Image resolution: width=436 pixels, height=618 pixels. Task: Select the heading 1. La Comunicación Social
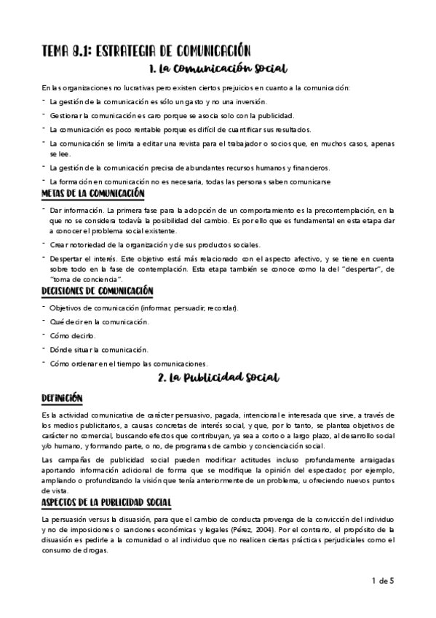click(218, 70)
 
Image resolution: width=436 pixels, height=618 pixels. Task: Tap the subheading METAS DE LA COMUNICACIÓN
click(92, 194)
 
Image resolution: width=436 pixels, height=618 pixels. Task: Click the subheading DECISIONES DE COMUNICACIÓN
click(97, 291)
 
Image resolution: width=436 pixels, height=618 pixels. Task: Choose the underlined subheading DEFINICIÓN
click(62, 398)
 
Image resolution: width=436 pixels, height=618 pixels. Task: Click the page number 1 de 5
click(403, 581)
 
